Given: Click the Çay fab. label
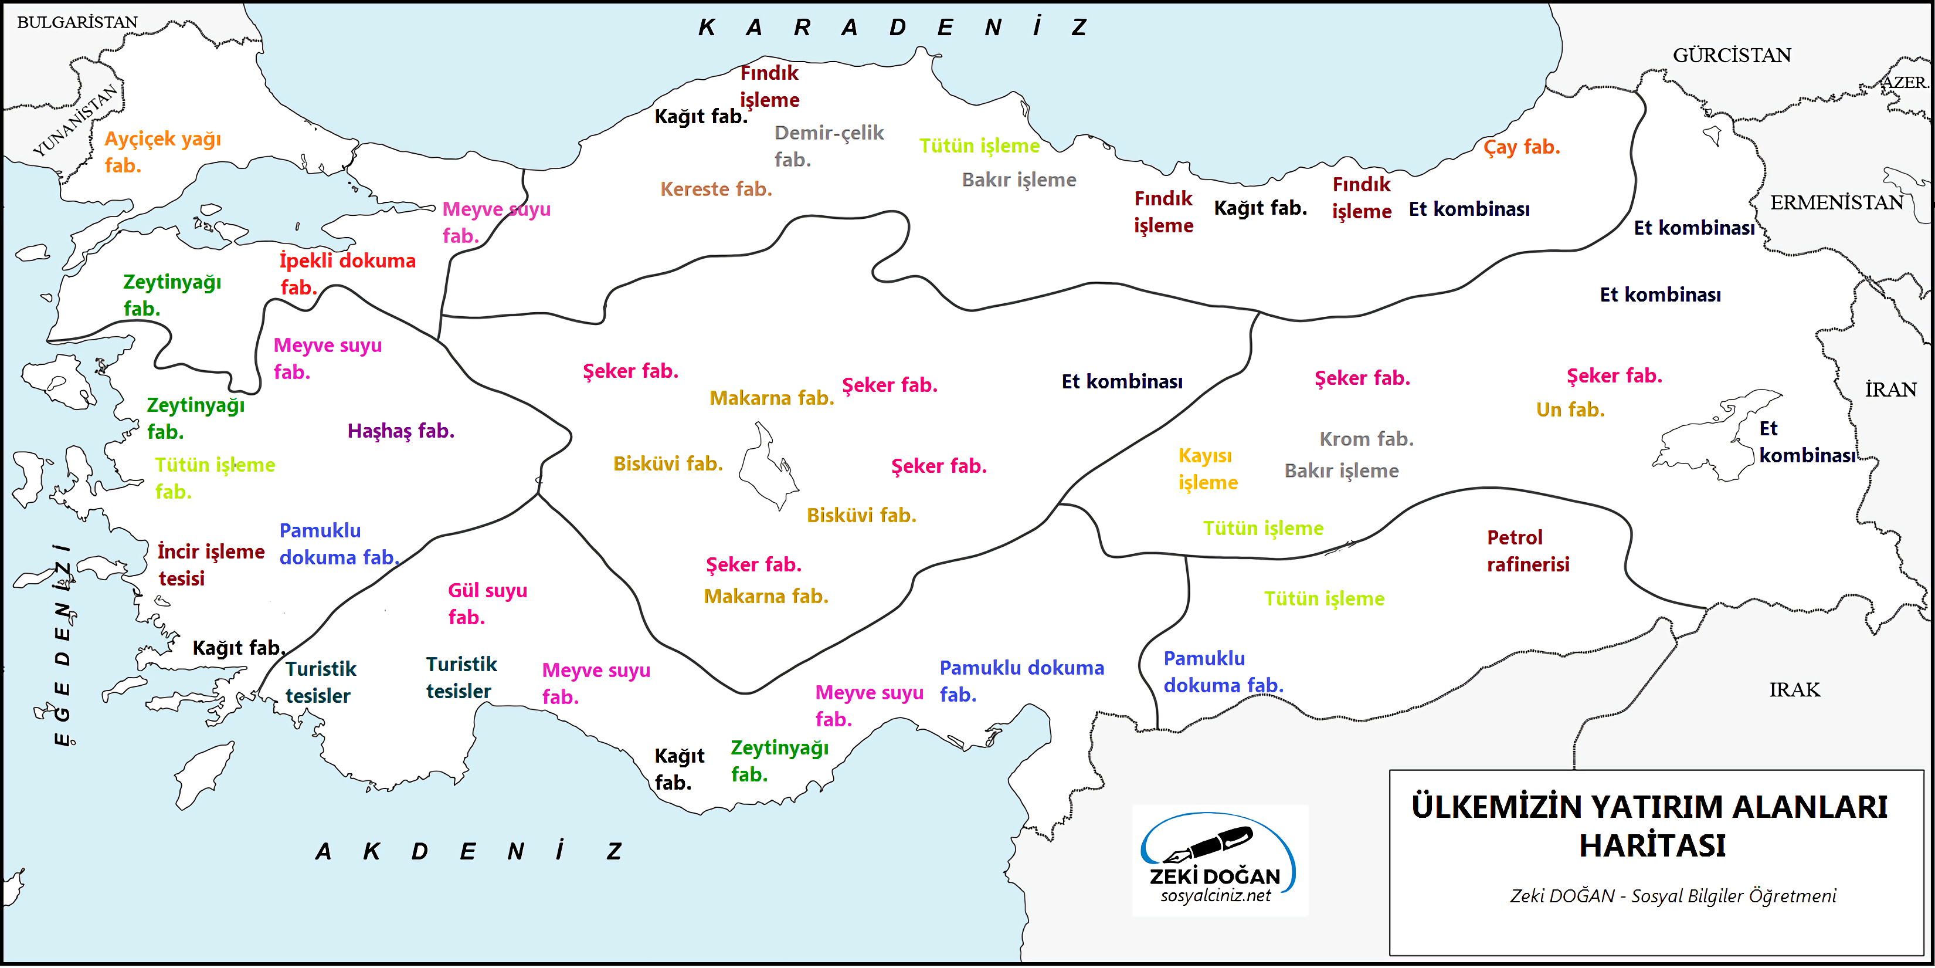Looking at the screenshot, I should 1521,147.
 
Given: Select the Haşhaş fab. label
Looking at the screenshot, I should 400,431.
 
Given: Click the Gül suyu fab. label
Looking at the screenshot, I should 487,604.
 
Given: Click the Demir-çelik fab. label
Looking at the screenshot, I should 828,146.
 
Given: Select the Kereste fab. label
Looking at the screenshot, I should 716,189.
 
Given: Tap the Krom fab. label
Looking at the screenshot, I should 1366,439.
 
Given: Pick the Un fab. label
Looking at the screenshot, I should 1570,409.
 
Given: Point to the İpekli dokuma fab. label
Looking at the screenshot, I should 347,273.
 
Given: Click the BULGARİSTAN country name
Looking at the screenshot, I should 77,22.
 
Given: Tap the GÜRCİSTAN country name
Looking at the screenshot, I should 1732,56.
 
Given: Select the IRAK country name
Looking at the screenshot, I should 1794,690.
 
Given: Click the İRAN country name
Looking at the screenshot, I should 1890,390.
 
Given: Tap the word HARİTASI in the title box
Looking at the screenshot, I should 1651,846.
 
